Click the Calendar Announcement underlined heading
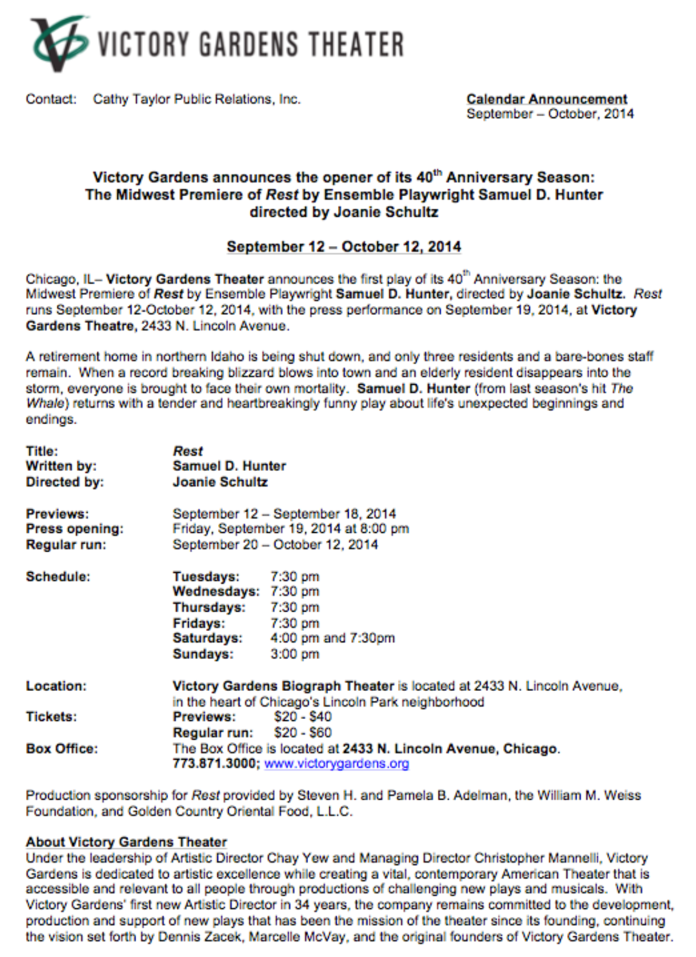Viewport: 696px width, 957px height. click(x=547, y=99)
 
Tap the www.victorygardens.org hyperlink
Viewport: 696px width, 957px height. click(x=336, y=763)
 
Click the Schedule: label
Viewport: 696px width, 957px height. click(x=58, y=576)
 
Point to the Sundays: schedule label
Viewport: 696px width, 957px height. click(x=203, y=654)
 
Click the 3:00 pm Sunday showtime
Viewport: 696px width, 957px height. click(x=294, y=654)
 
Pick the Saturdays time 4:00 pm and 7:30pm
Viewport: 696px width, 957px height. click(x=332, y=638)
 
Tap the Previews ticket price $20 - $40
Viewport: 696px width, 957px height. click(x=302, y=717)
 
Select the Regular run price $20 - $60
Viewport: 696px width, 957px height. click(x=302, y=732)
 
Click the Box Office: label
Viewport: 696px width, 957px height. click(x=62, y=748)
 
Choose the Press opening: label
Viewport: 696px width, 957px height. click(x=74, y=528)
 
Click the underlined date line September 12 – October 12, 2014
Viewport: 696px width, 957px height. click(x=344, y=247)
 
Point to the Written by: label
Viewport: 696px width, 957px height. click(x=61, y=466)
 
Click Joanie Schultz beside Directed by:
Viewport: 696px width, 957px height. click(x=220, y=482)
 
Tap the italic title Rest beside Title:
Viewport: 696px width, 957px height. click(x=187, y=451)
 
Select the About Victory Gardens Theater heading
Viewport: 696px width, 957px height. click(x=126, y=841)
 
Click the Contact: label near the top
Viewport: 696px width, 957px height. click(x=51, y=99)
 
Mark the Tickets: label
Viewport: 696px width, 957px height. click(x=51, y=717)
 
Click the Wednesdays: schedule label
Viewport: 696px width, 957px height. click(x=216, y=591)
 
